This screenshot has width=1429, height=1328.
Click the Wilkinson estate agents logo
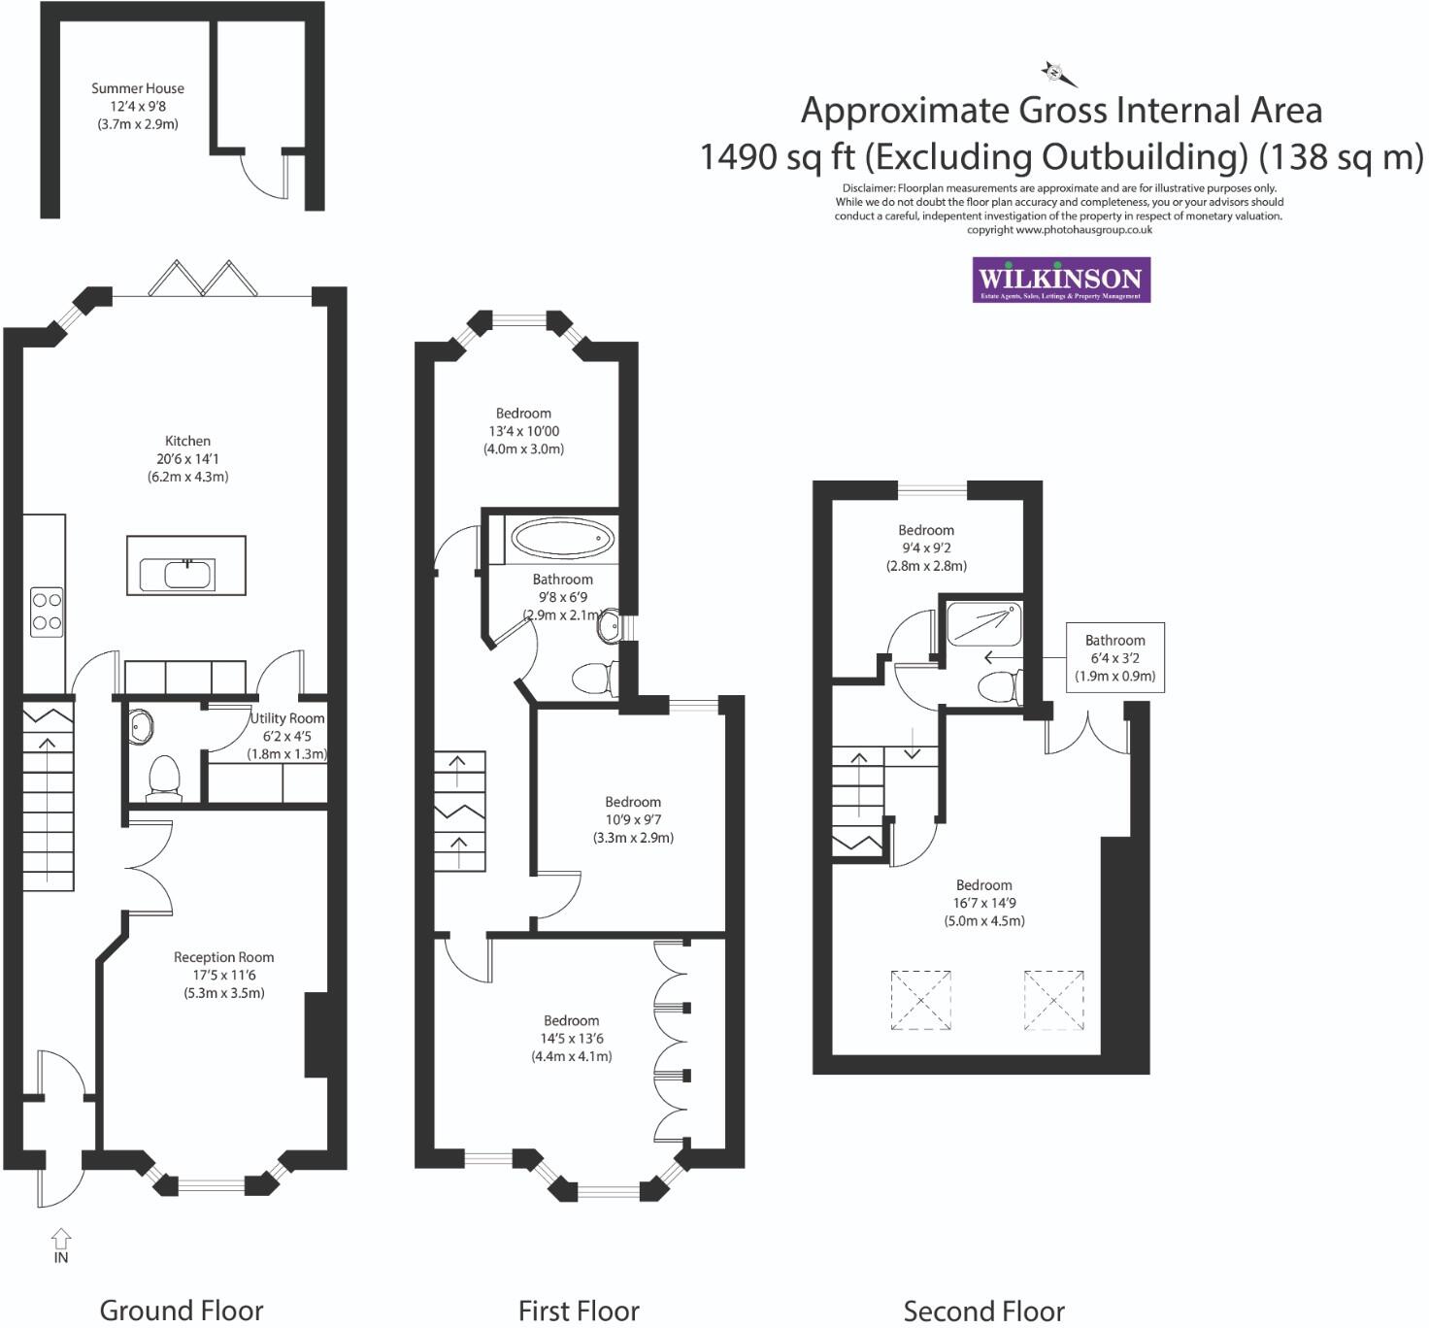click(x=1061, y=280)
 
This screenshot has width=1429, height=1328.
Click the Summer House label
click(x=138, y=106)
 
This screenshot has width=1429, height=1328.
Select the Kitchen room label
click(x=187, y=458)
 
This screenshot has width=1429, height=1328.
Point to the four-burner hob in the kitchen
click(x=47, y=612)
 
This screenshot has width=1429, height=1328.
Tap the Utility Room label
click(x=287, y=736)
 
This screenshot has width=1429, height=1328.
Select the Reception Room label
click(x=223, y=975)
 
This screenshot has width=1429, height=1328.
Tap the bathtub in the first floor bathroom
click(x=562, y=538)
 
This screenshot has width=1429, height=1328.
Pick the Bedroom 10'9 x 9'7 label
click(x=633, y=819)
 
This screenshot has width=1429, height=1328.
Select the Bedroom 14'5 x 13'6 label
click(x=571, y=1038)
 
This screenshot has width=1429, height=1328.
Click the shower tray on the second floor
click(x=982, y=622)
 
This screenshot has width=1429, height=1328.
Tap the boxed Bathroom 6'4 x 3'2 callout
click(x=1114, y=657)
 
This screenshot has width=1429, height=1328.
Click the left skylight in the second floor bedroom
click(x=920, y=1000)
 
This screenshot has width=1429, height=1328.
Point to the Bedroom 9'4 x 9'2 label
click(x=926, y=548)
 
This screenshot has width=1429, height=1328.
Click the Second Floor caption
click(x=983, y=1311)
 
